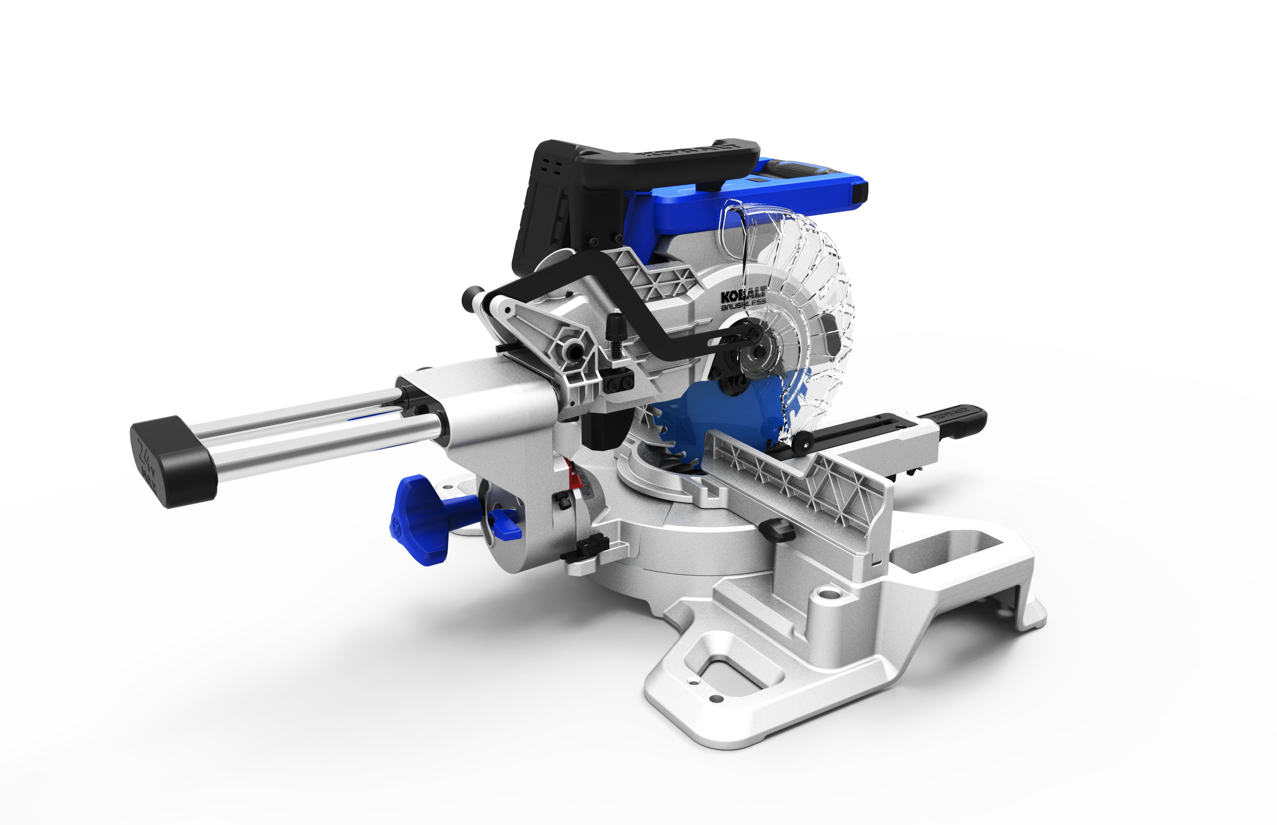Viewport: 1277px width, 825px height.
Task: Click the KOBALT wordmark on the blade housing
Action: tap(743, 296)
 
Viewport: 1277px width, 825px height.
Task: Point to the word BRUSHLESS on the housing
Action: tap(743, 307)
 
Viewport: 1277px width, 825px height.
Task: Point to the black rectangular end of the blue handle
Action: tap(860, 193)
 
